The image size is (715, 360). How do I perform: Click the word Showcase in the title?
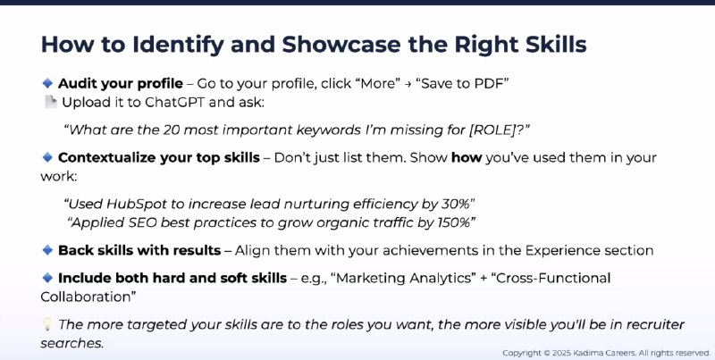pos(342,45)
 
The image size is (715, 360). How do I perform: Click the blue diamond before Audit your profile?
pos(47,83)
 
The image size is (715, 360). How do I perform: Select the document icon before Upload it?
pos(50,102)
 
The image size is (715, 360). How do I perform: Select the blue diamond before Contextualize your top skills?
pos(47,158)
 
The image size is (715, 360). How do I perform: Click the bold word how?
pos(467,158)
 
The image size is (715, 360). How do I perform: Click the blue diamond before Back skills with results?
pos(47,250)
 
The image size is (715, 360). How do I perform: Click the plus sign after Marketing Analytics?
pos(484,279)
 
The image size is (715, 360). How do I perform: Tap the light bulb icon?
pos(47,324)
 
